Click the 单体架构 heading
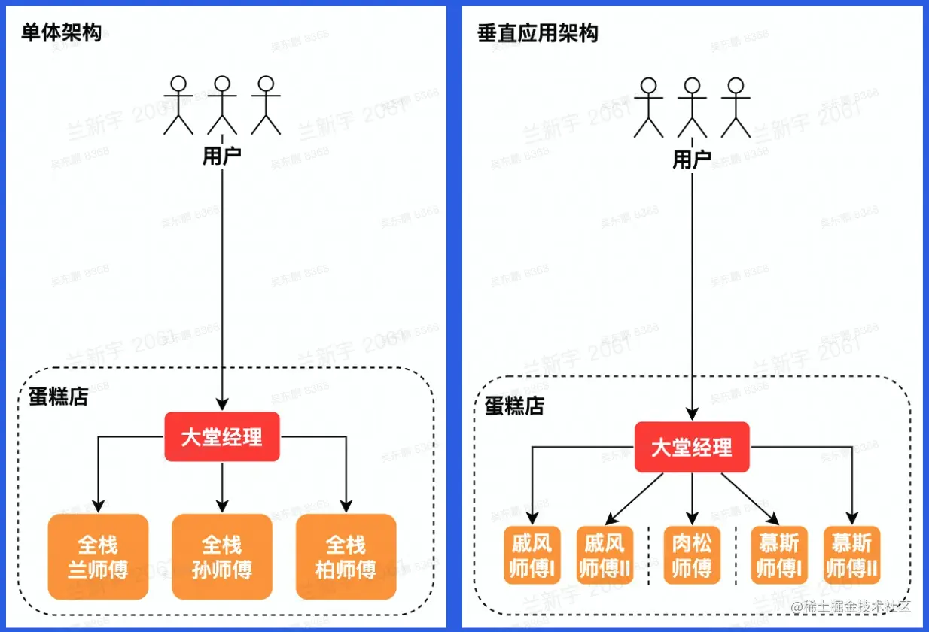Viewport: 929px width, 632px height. tap(61, 33)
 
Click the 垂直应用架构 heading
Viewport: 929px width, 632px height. tap(538, 34)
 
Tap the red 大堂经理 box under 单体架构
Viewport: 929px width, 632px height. tap(222, 437)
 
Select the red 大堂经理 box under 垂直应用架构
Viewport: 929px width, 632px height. tap(692, 448)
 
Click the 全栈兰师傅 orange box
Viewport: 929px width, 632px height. tap(98, 557)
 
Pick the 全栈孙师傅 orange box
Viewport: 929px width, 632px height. tap(222, 557)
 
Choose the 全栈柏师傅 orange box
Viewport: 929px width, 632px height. tap(346, 557)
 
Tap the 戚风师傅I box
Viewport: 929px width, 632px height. tap(532, 555)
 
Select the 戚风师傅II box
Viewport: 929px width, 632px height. tap(604, 555)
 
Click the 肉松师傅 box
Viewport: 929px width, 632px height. tap(692, 555)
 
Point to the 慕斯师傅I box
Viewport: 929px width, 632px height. tap(779, 555)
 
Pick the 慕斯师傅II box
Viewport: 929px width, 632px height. tap(852, 555)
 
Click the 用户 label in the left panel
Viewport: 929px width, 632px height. tap(222, 156)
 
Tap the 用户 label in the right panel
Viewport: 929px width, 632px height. tap(692, 159)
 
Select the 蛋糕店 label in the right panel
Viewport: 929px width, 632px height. tap(514, 406)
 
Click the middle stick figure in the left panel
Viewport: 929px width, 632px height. tap(221, 105)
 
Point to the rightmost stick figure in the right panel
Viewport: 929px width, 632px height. tap(736, 108)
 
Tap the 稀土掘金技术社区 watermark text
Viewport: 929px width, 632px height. tap(851, 606)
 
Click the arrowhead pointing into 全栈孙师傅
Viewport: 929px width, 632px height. tap(222, 507)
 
